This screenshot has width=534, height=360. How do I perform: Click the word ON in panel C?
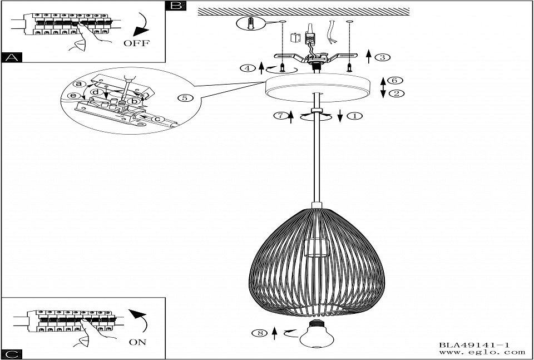tap(137, 342)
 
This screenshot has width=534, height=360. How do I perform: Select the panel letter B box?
tap(176, 6)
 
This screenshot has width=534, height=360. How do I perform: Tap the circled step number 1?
tap(354, 116)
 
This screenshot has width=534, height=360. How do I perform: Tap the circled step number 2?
tap(395, 93)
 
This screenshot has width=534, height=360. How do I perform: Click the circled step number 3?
tap(382, 57)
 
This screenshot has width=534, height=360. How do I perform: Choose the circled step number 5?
tap(187, 98)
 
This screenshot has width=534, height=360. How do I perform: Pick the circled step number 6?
tap(395, 81)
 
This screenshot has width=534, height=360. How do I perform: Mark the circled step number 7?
tap(280, 116)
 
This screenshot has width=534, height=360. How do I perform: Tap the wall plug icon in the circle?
tap(250, 23)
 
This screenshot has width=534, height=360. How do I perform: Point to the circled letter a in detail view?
tap(80, 83)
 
